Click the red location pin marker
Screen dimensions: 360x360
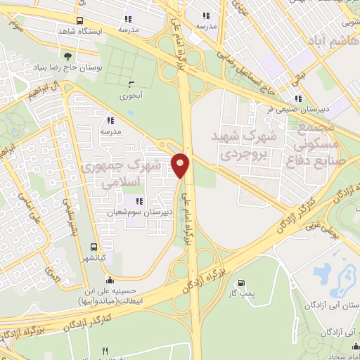coord(181,165)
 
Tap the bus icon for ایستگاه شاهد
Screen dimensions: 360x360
coord(79,21)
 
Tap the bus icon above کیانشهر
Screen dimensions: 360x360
coord(94,247)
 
